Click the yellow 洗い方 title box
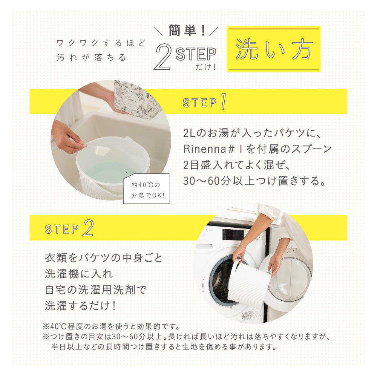pyautogui.click(x=274, y=49)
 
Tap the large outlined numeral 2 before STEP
pyautogui.click(x=163, y=57)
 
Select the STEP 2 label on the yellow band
pyautogui.click(x=69, y=228)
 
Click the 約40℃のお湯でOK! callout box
pyautogui.click(x=146, y=189)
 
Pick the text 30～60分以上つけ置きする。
pyautogui.click(x=254, y=181)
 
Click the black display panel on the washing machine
pyautogui.click(x=233, y=234)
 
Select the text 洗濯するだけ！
pyautogui.click(x=81, y=306)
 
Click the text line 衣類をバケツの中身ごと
pyautogui.click(x=104, y=258)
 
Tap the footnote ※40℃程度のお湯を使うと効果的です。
pyautogui.click(x=112, y=326)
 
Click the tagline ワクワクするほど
pyautogui.click(x=101, y=43)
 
